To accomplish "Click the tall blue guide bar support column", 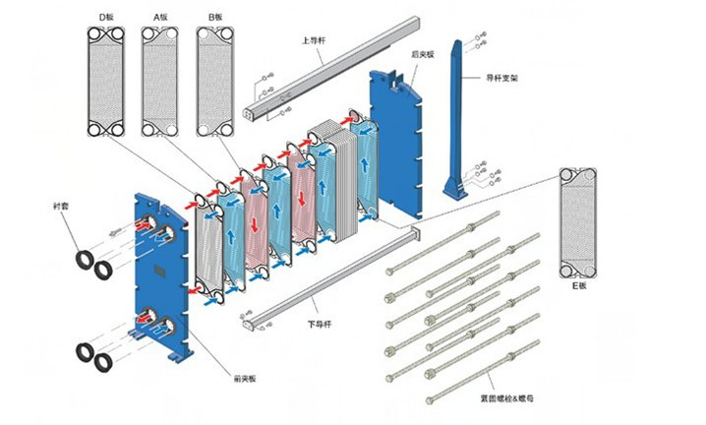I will [459, 118].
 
